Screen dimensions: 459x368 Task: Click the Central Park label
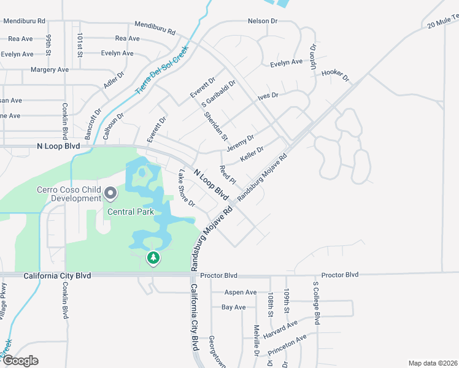(129, 212)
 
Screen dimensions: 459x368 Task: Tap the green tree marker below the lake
(153, 258)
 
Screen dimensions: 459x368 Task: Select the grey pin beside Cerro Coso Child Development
(110, 194)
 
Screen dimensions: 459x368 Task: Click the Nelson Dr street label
(263, 21)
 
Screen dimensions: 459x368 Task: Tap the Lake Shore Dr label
(186, 188)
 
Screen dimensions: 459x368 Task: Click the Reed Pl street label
(227, 174)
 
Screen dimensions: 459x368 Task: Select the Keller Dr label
(252, 153)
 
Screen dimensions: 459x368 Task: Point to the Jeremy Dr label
(240, 145)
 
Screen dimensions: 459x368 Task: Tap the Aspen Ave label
(241, 293)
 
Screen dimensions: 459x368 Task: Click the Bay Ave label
(233, 307)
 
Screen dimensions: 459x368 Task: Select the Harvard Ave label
(280, 330)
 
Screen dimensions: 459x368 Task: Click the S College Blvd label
(317, 304)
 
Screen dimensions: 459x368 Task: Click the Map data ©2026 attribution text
(432, 363)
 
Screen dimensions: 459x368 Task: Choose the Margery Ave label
(50, 69)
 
